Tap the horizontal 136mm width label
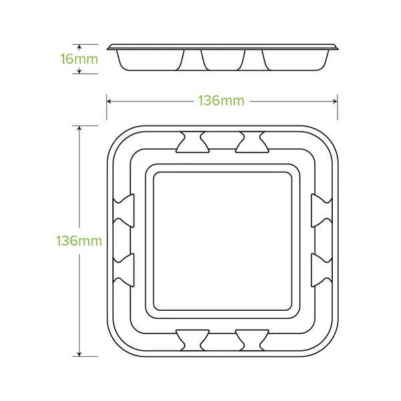click(x=221, y=102)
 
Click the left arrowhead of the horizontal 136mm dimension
click(x=109, y=102)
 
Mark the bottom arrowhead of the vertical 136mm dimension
click(x=80, y=353)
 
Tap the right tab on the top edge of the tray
click(x=253, y=140)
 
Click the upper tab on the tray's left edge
click(x=124, y=209)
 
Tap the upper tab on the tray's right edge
click(x=319, y=209)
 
